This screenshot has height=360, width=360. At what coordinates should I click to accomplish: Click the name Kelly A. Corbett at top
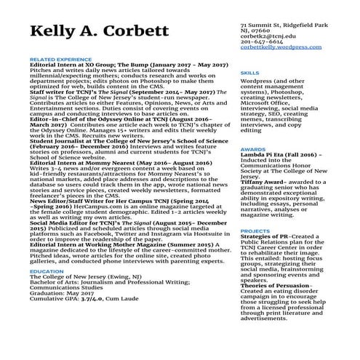(x=103, y=33)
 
